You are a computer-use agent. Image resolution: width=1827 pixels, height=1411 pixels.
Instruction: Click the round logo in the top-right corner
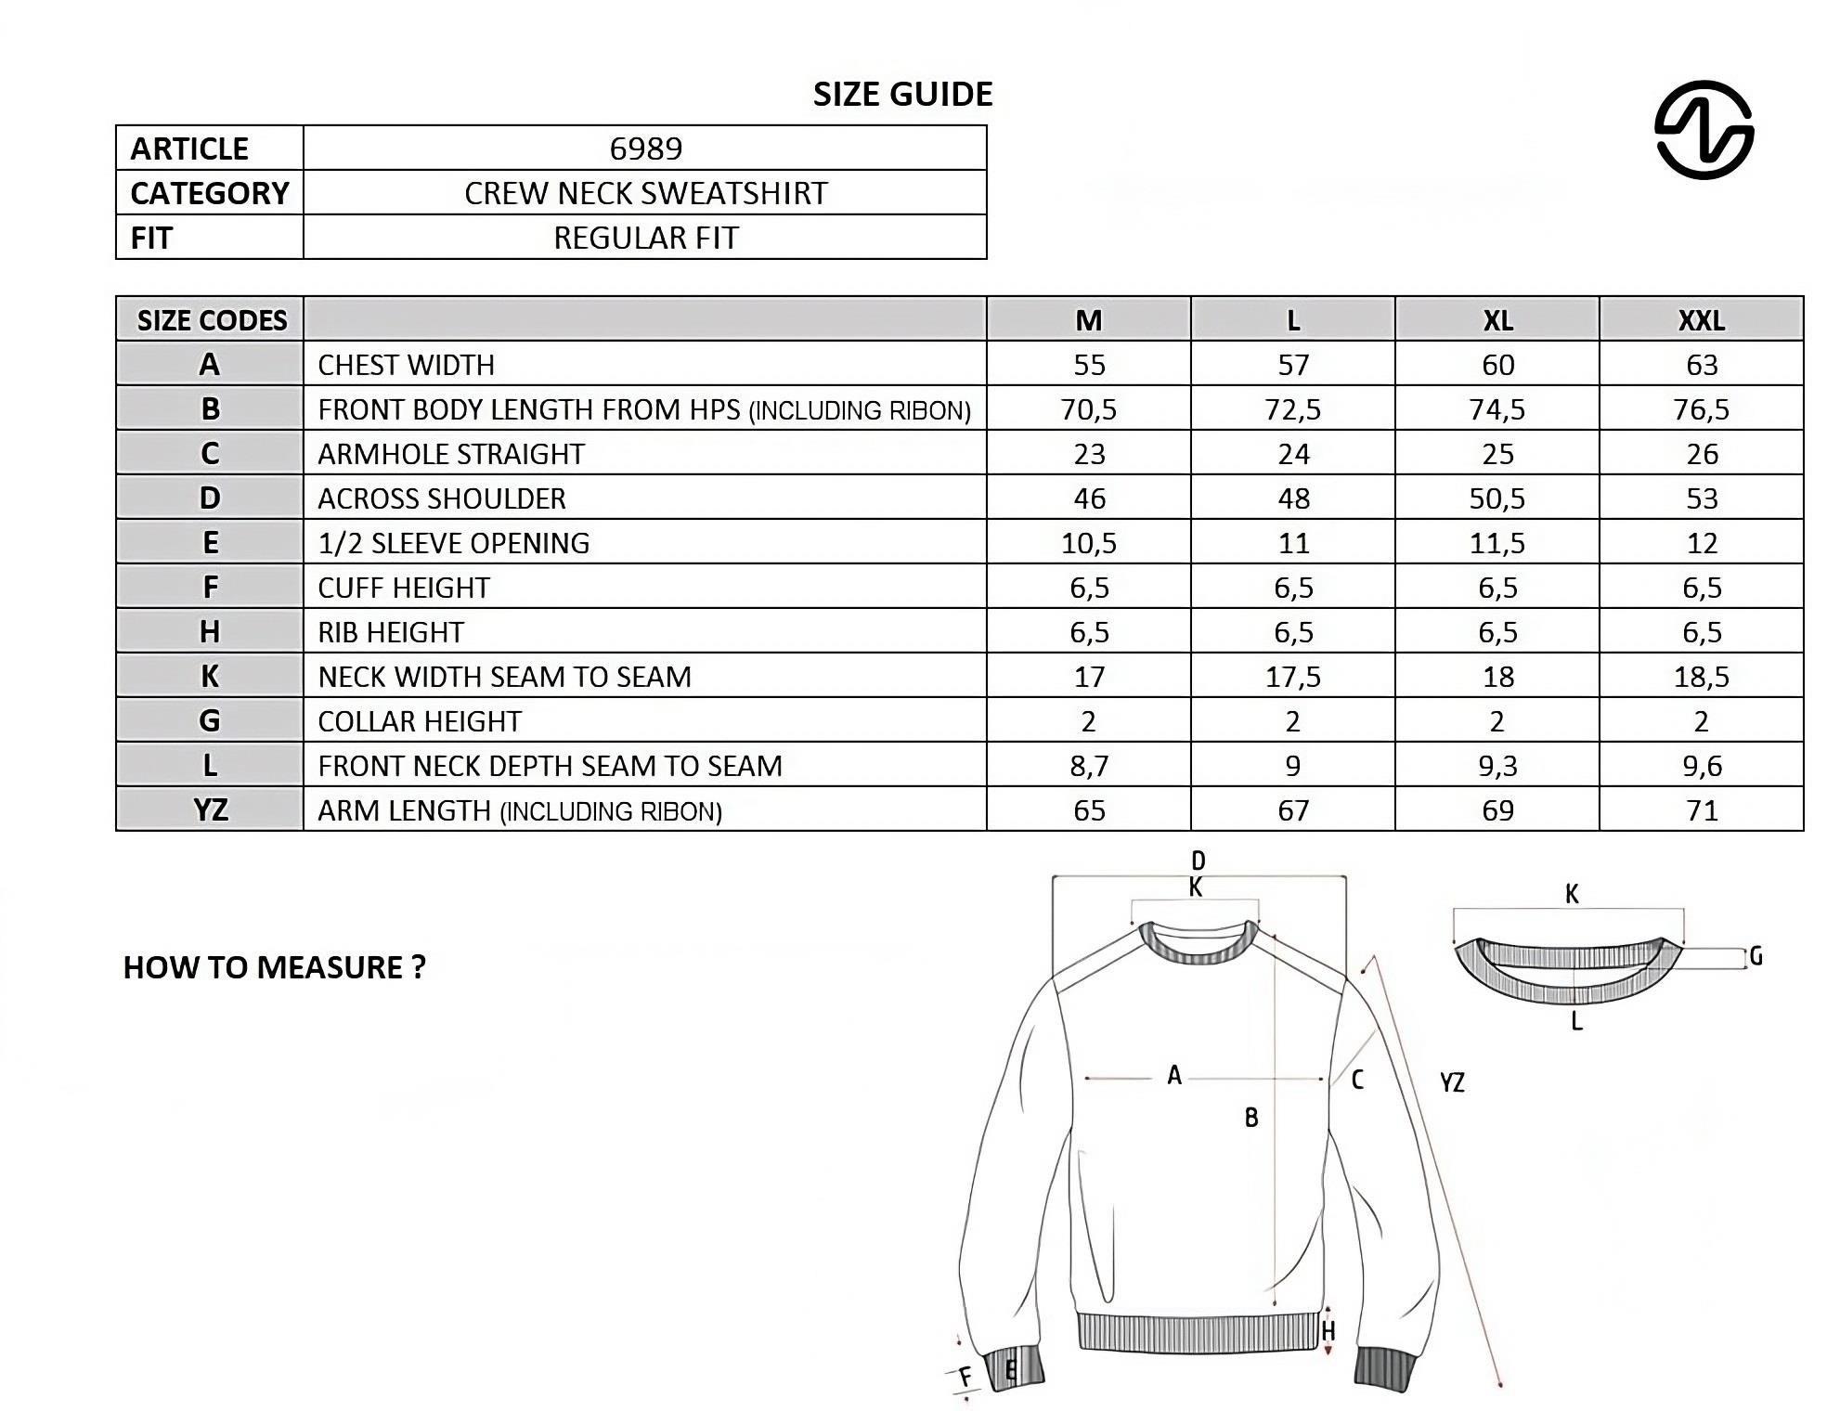[x=1704, y=130]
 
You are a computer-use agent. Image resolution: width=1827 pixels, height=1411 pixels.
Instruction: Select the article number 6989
[x=645, y=149]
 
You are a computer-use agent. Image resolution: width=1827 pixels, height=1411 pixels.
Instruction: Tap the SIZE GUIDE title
[x=902, y=94]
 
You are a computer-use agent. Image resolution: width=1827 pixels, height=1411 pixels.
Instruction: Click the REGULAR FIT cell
[x=645, y=238]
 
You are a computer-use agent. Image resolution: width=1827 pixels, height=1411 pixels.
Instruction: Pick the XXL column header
[x=1701, y=320]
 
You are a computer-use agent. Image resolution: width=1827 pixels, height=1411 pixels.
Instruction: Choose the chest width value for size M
[x=1089, y=365]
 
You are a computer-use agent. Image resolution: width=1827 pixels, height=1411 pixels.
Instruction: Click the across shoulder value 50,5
[x=1497, y=498]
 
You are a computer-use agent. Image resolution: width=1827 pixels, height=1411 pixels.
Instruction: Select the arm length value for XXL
[x=1701, y=810]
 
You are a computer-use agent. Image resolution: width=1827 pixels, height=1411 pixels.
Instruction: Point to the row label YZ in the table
[x=211, y=810]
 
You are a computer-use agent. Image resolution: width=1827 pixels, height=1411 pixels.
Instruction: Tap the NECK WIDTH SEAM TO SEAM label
[x=504, y=677]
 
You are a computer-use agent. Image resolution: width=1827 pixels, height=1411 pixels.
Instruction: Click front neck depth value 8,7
[x=1089, y=766]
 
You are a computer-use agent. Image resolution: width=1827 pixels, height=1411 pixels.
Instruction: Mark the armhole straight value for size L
[x=1293, y=454]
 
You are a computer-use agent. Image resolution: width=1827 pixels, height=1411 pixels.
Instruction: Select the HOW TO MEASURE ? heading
[x=274, y=967]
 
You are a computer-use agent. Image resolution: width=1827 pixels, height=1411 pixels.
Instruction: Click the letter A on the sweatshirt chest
[x=1174, y=1076]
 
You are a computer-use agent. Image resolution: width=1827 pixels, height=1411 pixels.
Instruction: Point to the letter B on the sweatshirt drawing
[x=1251, y=1118]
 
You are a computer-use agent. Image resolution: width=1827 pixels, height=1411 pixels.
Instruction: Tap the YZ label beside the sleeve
[x=1452, y=1082]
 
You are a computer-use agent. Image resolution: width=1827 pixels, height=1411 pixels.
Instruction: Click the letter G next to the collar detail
[x=1756, y=956]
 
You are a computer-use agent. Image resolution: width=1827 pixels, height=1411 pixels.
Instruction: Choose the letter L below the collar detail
[x=1576, y=1023]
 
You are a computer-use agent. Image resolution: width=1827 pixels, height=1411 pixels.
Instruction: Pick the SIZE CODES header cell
[x=211, y=320]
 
